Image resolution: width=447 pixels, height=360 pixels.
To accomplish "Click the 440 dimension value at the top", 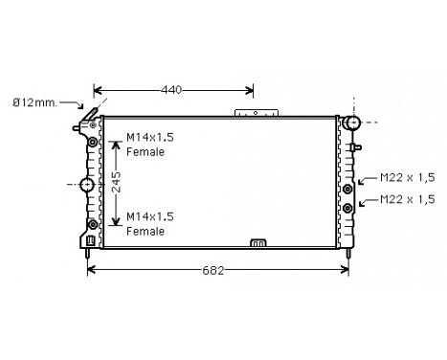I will pos(171,91).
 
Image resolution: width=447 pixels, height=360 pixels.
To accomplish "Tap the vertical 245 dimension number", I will pos(115,182).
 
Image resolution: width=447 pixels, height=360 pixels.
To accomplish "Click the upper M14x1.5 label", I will pos(150,139).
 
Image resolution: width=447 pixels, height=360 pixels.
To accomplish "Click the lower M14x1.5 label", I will pos(150,217).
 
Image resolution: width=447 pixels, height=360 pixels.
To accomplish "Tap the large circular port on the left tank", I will pos(87,183).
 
